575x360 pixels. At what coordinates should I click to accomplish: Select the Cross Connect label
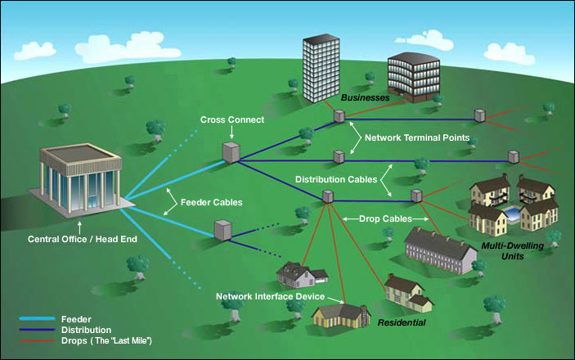231,120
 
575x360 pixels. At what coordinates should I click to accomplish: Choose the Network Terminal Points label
416,138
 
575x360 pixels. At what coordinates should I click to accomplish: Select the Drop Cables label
384,219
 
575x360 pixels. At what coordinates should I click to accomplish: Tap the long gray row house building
440,250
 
